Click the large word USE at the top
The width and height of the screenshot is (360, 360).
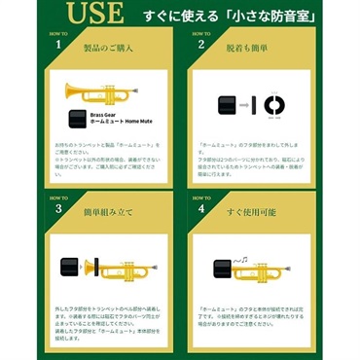click(x=94, y=16)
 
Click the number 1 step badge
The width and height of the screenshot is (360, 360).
click(x=60, y=43)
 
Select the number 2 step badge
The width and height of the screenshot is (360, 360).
click(x=201, y=43)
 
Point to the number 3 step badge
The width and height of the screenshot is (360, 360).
click(x=60, y=205)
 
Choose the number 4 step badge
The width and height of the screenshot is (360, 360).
click(x=201, y=205)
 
